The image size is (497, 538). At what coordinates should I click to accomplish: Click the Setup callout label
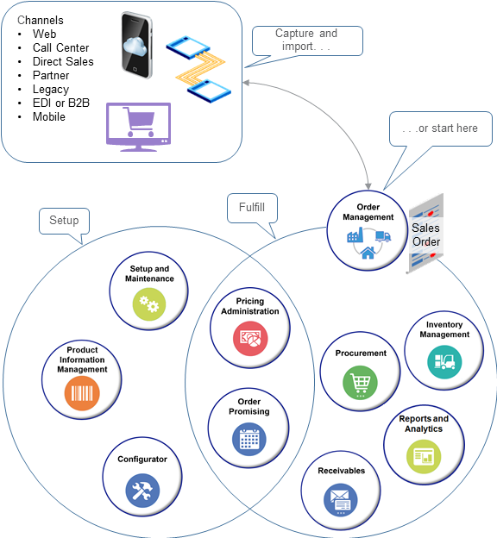pos(64,221)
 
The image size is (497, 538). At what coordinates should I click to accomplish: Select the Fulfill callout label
pos(251,208)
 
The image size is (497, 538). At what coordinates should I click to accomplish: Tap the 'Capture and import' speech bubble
pos(306,40)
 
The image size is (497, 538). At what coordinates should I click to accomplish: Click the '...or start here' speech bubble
pos(441,128)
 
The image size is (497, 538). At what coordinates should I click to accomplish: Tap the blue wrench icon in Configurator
pos(142,490)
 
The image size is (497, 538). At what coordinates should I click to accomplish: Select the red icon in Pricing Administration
pos(250,338)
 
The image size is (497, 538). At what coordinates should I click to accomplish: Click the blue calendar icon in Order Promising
pos(249,439)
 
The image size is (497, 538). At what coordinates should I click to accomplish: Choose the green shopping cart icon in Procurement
pos(360,382)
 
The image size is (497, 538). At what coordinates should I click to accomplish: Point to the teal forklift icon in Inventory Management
pos(444,360)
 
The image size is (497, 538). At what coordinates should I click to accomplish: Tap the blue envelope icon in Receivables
pos(340,499)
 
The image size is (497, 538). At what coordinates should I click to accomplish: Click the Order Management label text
pos(369,212)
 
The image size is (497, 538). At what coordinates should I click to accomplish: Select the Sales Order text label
pos(426,235)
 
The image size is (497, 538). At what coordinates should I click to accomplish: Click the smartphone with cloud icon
pos(136,46)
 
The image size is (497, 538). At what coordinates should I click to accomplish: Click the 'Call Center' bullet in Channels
pos(60,47)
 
